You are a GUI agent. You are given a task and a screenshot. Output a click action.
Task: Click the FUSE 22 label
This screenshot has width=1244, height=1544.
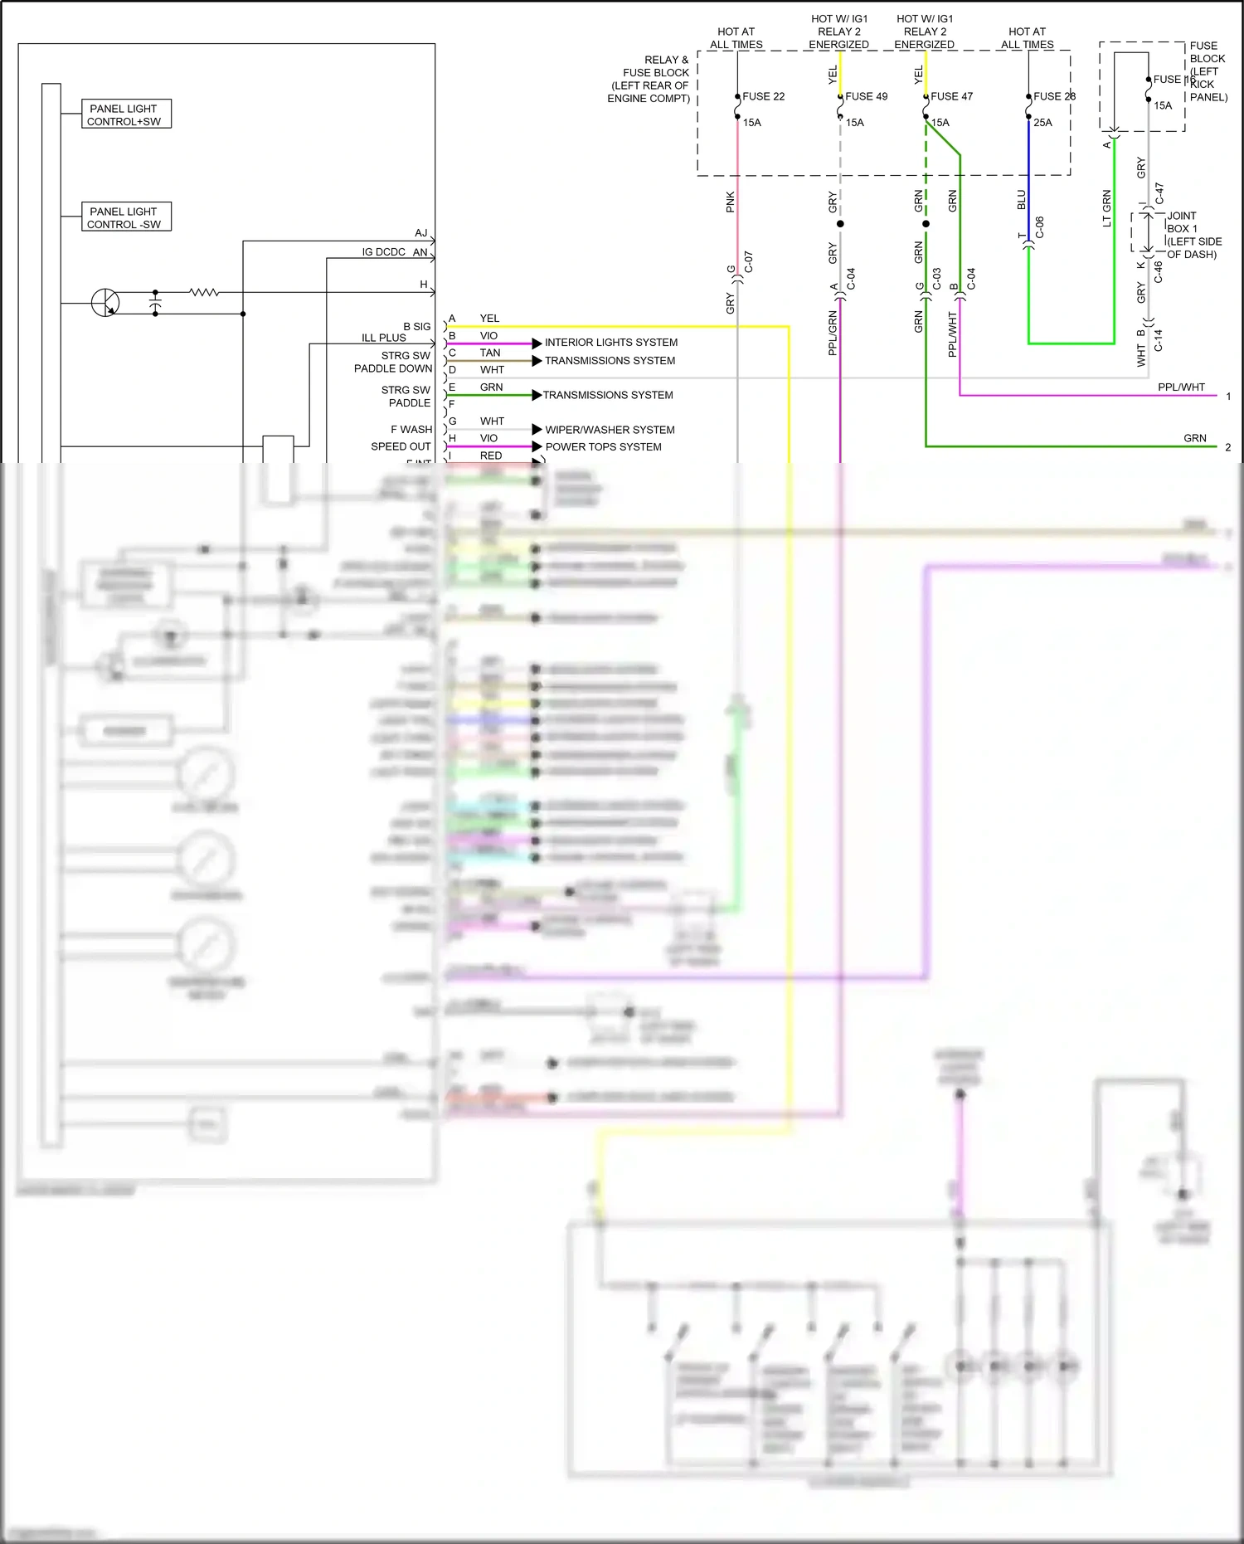tap(763, 96)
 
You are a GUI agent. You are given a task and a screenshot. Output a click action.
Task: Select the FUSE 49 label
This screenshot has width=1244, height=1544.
tap(866, 96)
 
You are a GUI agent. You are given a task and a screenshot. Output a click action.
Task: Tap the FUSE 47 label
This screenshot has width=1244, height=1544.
tap(951, 96)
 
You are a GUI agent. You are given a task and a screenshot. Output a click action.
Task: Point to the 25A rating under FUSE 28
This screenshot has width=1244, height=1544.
tap(1042, 123)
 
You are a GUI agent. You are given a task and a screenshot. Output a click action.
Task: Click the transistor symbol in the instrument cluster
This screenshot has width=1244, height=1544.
tap(105, 303)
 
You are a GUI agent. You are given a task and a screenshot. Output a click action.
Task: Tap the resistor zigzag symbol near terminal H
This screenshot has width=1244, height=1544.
tap(204, 292)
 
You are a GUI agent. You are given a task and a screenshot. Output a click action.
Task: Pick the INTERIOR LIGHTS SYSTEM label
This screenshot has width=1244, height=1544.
tap(610, 343)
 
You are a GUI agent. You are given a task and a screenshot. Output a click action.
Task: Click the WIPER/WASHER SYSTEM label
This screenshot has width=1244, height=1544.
tap(610, 430)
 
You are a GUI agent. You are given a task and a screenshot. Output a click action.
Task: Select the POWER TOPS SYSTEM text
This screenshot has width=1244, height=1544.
tap(603, 447)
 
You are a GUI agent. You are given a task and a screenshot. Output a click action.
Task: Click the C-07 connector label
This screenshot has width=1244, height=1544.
tap(748, 262)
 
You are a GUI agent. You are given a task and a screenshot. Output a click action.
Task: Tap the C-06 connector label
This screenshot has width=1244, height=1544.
tap(1039, 227)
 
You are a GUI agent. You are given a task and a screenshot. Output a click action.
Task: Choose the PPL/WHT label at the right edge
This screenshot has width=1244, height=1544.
tap(1181, 387)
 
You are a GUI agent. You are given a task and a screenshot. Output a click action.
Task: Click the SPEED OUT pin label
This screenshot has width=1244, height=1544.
tap(401, 446)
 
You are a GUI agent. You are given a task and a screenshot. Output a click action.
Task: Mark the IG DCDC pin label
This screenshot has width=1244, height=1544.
tap(383, 252)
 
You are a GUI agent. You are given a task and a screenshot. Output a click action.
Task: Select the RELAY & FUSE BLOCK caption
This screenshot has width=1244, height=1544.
tap(649, 79)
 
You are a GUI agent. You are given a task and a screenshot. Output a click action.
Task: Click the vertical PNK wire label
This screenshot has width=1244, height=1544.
tap(731, 202)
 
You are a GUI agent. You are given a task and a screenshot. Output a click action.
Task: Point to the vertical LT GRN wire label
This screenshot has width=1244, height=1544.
tap(1106, 208)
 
